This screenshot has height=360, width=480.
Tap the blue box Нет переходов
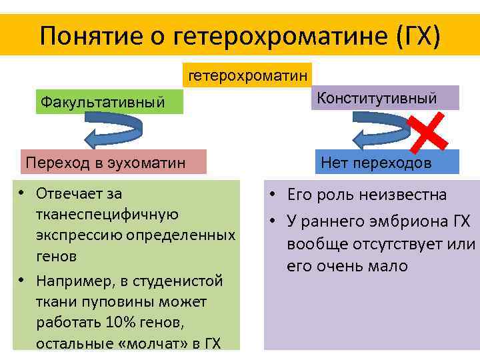tap(385, 163)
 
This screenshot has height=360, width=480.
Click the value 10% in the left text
tap(121, 323)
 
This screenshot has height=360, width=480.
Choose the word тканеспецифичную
tap(107, 215)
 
